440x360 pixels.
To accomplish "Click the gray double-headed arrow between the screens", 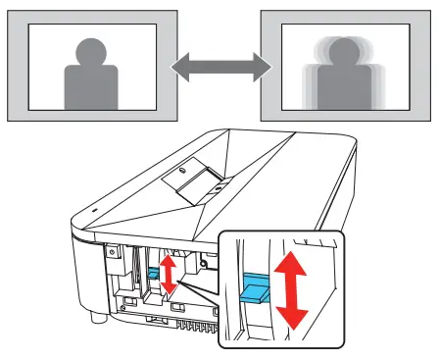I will [220, 68].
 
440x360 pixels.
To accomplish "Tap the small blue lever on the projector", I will [152, 276].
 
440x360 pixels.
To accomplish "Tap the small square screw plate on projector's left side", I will [111, 251].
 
